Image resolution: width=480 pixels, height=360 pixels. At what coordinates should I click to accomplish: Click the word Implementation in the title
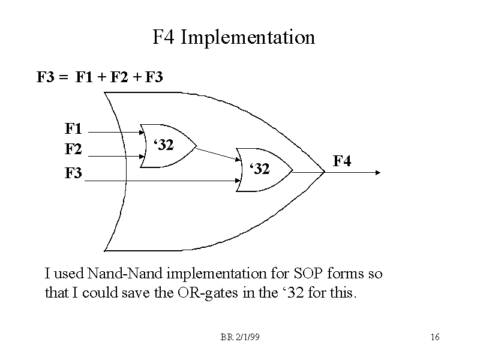point(247,38)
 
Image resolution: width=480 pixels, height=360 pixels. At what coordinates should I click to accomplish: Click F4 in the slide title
point(164,38)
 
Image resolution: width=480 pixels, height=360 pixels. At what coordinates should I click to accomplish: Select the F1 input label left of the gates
point(74,129)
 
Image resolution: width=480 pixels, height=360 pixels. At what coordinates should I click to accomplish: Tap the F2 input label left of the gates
point(74,148)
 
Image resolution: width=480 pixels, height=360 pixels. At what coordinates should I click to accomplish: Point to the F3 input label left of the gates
point(74,174)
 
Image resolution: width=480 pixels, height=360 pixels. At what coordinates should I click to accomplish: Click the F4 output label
point(342,161)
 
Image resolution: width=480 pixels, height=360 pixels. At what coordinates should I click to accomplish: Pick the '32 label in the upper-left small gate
point(164,145)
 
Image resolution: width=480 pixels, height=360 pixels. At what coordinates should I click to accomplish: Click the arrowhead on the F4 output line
point(379,172)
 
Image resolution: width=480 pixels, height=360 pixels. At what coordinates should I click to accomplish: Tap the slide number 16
point(436,337)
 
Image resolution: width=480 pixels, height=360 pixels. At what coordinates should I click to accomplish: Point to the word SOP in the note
point(307,274)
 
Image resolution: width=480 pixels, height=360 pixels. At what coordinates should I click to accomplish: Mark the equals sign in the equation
point(63,77)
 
